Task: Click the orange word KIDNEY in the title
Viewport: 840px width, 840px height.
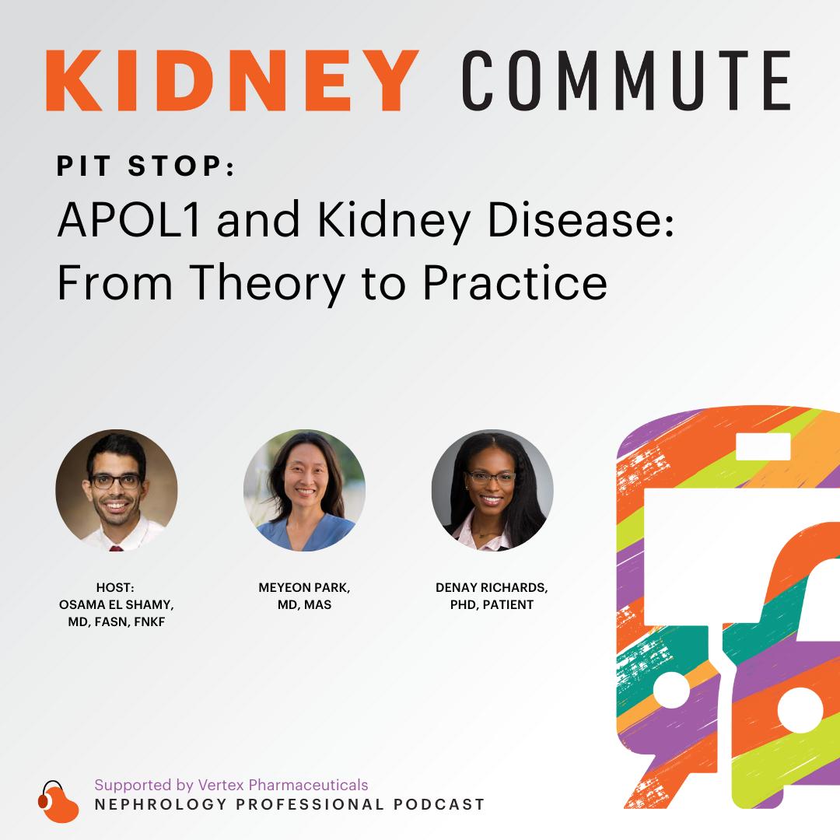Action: (232, 80)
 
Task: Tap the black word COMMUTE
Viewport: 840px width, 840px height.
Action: (626, 80)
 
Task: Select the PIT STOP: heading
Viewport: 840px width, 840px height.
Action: (145, 166)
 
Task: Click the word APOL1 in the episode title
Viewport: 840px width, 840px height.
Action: (129, 219)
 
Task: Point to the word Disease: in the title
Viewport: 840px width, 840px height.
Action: (581, 219)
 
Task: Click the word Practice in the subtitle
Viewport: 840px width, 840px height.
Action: (515, 282)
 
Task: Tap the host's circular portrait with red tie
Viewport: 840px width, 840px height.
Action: (116, 490)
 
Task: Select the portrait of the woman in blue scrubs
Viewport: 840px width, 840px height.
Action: (304, 490)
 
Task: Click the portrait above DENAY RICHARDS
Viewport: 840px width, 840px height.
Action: (492, 490)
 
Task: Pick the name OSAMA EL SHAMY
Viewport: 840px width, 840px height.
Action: (116, 605)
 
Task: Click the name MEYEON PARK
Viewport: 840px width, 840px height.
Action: (304, 588)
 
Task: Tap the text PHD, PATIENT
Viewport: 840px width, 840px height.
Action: (492, 605)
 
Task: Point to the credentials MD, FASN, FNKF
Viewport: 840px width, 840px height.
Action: (116, 622)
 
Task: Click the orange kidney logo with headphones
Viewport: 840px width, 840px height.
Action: (58, 802)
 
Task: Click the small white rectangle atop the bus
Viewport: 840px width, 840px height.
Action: (764, 446)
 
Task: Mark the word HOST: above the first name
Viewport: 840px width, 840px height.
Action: (115, 588)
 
